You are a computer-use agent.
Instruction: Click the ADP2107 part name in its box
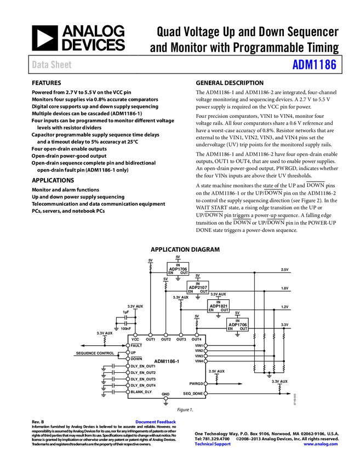pyautogui.click(x=198, y=287)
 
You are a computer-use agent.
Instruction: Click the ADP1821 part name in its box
pyautogui.click(x=218, y=306)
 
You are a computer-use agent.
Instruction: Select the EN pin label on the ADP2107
pyautogui.click(x=191, y=292)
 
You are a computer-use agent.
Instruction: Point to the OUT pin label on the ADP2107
pyautogui.click(x=204, y=292)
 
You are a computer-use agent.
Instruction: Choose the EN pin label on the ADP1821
pyautogui.click(x=211, y=310)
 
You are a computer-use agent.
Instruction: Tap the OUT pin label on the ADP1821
pyautogui.click(x=224, y=310)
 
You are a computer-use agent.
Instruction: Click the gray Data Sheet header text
pyautogui.click(x=52, y=65)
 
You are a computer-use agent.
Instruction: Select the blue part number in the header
pyautogui.click(x=314, y=65)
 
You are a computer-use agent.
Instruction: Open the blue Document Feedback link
pyautogui.click(x=156, y=422)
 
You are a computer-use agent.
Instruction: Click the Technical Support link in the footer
pyautogui.click(x=213, y=444)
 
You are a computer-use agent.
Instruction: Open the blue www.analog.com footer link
pyautogui.click(x=321, y=444)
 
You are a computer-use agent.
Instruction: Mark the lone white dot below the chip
pyautogui.click(x=165, y=398)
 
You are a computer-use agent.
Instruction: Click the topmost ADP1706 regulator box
pyautogui.click(x=178, y=269)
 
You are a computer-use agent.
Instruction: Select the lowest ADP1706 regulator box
pyautogui.click(x=238, y=325)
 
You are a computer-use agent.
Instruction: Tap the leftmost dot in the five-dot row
pyautogui.click(x=135, y=334)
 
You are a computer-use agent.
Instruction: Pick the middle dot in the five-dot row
pyautogui.click(x=165, y=334)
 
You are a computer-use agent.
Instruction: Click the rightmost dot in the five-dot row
pyautogui.click(x=197, y=334)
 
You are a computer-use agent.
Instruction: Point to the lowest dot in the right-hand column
pyautogui.click(x=205, y=393)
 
